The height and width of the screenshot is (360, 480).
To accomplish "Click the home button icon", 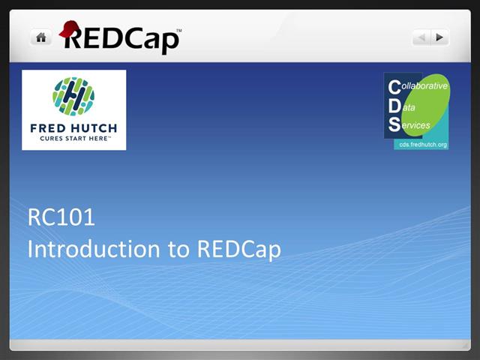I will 40,37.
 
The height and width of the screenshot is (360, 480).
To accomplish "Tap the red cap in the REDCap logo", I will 70,29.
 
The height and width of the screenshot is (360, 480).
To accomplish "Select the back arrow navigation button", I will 421,37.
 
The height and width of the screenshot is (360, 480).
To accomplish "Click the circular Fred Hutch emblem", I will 73,96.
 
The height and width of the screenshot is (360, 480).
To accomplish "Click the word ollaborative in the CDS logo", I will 424,87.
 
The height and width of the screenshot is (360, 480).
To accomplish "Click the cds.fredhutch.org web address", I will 422,142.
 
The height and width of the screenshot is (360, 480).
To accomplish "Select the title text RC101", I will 61,218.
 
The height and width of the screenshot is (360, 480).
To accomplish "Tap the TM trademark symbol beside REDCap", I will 178,30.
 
